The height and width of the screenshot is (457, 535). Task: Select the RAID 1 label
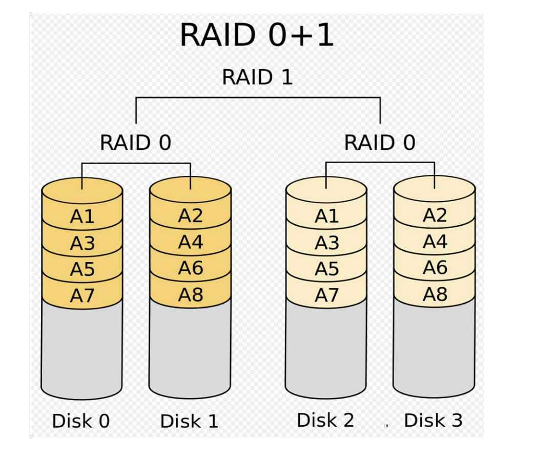point(257,77)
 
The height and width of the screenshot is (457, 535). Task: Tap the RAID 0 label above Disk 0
point(135,143)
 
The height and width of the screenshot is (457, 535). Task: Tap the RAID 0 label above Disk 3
point(380,143)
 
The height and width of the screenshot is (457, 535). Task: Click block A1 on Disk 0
point(83,217)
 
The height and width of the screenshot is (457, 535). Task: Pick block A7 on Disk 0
point(83,296)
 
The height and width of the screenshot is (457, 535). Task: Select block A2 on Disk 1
point(191,216)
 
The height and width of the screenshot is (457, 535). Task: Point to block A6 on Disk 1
point(191,268)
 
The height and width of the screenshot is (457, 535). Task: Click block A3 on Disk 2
point(327,243)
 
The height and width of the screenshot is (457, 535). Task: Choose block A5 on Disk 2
point(327,269)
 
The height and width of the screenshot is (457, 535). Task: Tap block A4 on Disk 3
point(435,242)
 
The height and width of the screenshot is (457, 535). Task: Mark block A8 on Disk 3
point(435,294)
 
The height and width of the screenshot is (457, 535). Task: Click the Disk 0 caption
point(81,421)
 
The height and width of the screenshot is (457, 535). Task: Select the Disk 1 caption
point(189,422)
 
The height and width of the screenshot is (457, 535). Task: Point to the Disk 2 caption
point(325,420)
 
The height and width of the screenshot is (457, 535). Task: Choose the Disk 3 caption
point(433,420)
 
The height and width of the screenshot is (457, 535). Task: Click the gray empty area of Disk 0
point(82,349)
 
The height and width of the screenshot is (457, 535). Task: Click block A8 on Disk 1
point(191,295)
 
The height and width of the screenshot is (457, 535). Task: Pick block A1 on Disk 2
point(327,217)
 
